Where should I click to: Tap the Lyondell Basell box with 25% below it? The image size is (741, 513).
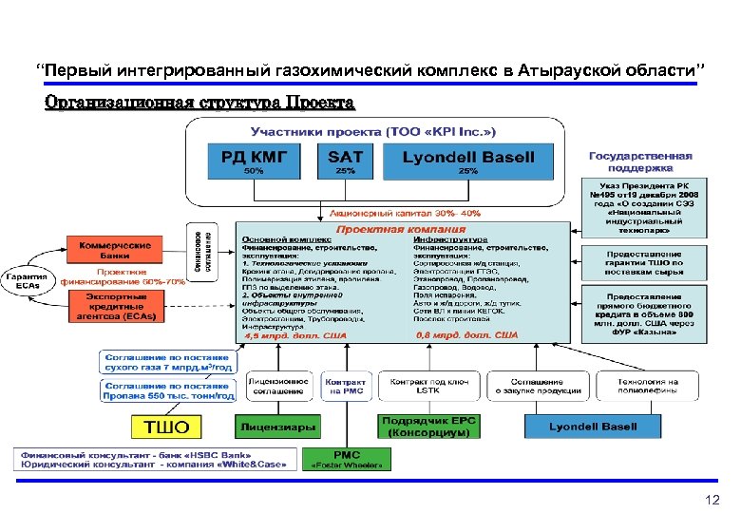468,157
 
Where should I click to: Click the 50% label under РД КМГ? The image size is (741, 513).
255,172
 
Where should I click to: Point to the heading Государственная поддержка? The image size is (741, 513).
640,161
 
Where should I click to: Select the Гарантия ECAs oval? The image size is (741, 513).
28,281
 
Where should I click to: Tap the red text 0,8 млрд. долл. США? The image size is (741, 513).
466,335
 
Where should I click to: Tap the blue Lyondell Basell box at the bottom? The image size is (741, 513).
593,427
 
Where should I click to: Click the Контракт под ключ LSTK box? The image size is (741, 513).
430,386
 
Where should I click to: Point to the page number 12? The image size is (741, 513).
713,500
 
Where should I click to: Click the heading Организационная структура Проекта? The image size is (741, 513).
199,102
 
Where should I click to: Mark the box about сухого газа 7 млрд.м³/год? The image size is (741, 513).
167,362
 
